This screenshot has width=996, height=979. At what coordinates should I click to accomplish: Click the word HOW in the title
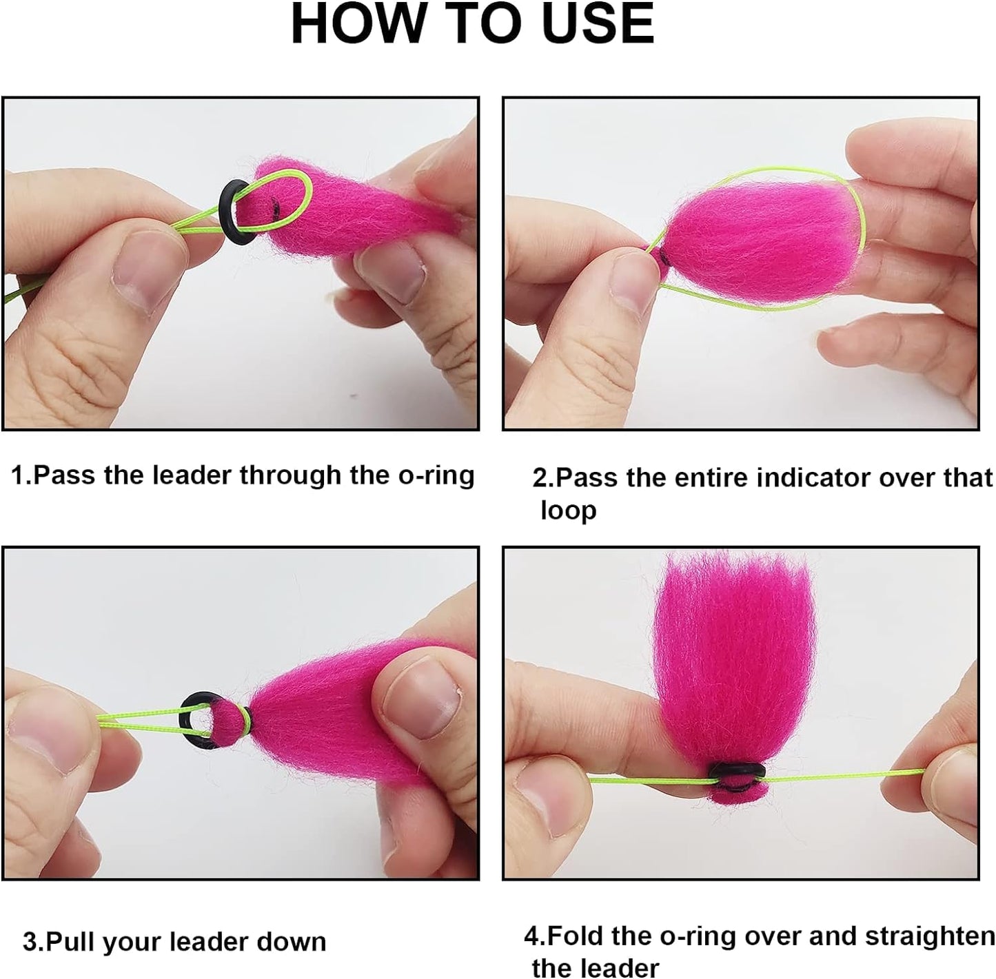tap(356, 23)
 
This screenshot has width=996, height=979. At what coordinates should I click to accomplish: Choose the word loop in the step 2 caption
tap(568, 510)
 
